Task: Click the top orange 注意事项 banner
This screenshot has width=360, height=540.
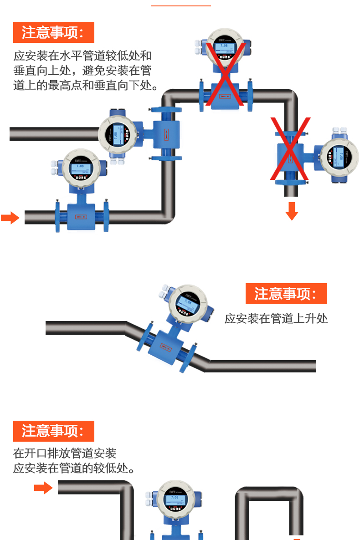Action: point(53,32)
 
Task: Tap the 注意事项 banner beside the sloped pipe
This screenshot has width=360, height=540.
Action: point(286,294)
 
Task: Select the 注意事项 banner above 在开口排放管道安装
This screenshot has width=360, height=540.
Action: point(53,431)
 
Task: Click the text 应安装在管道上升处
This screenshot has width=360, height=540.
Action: point(276,318)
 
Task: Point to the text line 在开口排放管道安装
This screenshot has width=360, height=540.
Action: point(65,453)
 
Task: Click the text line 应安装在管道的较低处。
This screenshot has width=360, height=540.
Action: point(74,468)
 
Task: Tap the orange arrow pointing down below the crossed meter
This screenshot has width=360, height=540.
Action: point(292,211)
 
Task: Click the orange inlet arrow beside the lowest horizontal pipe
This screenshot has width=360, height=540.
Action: point(10,218)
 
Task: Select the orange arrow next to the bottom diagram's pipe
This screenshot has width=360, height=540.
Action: point(43,489)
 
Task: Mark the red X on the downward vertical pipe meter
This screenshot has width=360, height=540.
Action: point(290,148)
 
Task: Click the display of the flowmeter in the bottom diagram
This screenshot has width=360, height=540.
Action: point(175,500)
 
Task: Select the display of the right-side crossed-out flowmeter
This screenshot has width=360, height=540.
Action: point(339,157)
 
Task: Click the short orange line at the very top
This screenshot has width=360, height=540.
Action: point(181,5)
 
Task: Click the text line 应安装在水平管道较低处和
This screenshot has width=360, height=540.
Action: point(82,56)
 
